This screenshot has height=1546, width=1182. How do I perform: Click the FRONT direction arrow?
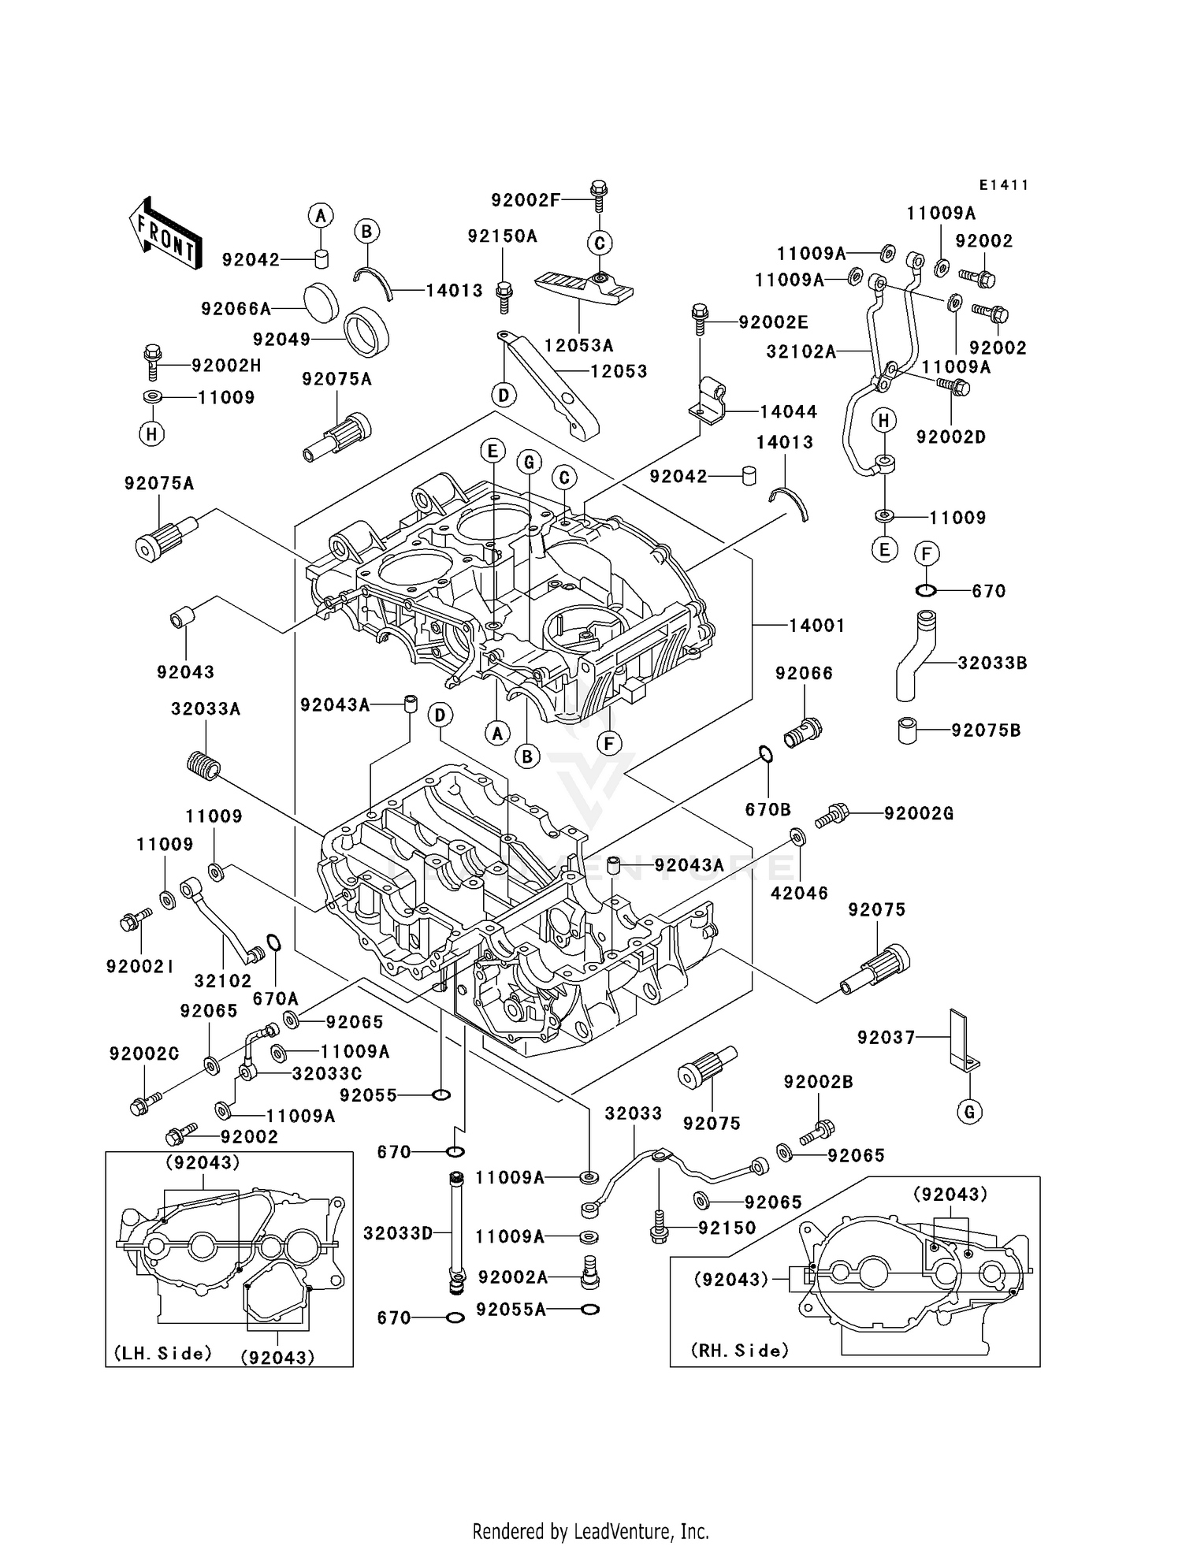coord(165,235)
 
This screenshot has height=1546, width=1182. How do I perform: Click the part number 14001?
coord(817,626)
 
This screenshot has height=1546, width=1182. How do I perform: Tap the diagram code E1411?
coord(1004,185)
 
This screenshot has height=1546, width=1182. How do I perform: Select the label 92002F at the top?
coord(526,200)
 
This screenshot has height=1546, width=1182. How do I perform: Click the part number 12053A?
coord(578,345)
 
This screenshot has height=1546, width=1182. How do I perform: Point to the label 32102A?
coord(801,351)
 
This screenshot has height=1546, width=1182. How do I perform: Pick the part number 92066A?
coord(236,309)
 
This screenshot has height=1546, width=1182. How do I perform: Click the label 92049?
coord(281,340)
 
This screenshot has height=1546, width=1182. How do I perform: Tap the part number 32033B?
coord(992,663)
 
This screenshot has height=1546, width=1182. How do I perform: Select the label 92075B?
coord(986,730)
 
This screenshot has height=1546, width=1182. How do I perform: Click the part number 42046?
coord(799,893)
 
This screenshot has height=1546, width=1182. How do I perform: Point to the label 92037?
coord(886,1038)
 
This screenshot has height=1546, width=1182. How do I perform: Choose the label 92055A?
coord(511,1310)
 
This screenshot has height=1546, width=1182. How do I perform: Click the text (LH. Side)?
coord(163,1353)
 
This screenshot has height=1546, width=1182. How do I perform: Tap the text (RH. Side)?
coord(739,1351)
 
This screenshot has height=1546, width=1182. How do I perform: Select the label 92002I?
coord(140,966)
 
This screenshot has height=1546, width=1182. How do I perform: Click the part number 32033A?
coord(206,709)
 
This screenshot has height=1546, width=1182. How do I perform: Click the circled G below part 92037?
coord(969,1112)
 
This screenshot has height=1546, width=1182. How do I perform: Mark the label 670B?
coord(768,809)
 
